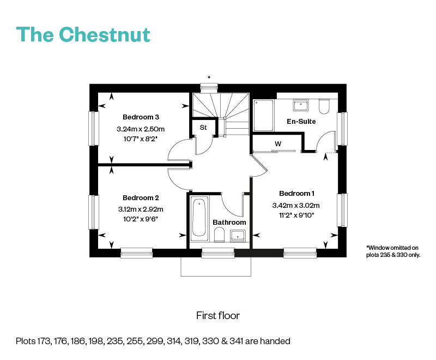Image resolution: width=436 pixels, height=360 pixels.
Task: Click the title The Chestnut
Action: point(83,34)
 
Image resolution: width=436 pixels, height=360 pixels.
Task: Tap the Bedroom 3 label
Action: point(141,117)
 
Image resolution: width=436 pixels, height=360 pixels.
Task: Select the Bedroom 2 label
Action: point(141,197)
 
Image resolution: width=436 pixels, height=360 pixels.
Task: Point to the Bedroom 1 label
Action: point(297,194)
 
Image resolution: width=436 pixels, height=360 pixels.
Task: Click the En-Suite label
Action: point(301,121)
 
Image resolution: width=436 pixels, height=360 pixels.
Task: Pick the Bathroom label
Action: point(229,223)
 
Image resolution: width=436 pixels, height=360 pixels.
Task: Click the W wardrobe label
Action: point(278,144)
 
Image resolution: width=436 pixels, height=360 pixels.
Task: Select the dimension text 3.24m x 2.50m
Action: point(141,129)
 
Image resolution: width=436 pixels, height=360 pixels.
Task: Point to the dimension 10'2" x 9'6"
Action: point(141,219)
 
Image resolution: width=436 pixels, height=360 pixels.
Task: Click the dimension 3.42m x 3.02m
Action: point(296,206)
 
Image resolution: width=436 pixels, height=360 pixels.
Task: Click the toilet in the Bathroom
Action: point(220,235)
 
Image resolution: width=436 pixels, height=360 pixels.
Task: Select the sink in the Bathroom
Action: point(238,235)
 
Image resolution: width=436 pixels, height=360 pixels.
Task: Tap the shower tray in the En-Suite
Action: point(263,115)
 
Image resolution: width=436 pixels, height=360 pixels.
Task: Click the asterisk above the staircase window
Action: point(209,77)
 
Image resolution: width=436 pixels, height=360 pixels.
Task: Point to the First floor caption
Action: point(218,316)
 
